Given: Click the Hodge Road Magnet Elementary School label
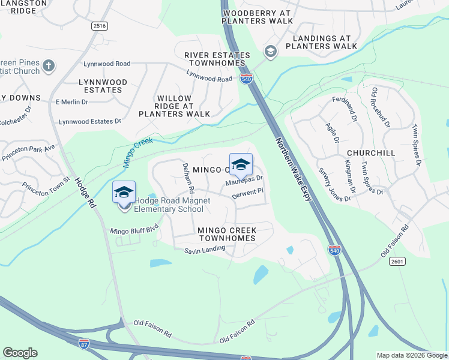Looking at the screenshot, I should tap(169, 205).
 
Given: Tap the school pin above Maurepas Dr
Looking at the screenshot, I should tap(241, 164).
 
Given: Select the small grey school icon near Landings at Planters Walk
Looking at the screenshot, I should tap(270, 52).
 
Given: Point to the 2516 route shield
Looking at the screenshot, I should tap(100, 26).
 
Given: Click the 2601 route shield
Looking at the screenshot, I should tap(397, 261).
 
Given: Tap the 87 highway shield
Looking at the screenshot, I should tap(83, 343).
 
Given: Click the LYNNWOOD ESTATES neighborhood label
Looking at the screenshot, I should tap(103, 86).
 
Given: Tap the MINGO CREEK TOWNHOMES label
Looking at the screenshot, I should tap(228, 234).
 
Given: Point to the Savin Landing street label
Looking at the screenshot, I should tap(205, 250).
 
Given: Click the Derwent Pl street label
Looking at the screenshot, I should tap(248, 193).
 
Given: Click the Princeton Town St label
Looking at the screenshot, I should tap(46, 181).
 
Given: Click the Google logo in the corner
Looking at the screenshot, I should tap(20, 353).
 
